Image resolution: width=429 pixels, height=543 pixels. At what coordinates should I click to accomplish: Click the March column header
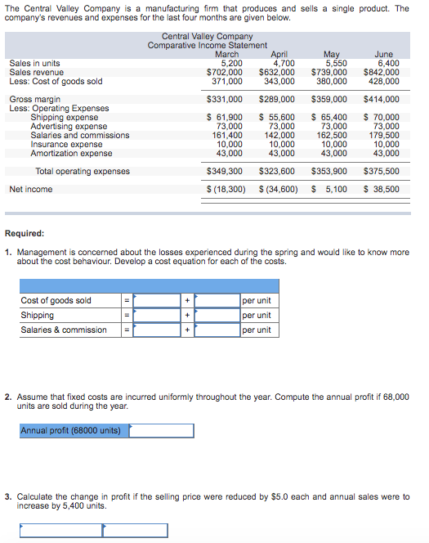point(226,54)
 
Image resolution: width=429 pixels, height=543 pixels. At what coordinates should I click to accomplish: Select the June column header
point(383,54)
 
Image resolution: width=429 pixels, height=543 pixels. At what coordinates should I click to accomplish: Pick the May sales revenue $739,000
point(329,72)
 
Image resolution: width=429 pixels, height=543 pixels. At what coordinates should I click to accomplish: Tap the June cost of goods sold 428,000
point(383,81)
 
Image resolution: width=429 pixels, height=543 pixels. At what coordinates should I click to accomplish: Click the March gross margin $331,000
point(225,99)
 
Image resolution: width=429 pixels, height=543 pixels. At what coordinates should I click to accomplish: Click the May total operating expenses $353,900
point(329,171)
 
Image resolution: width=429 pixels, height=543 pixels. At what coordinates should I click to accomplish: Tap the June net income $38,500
point(382,189)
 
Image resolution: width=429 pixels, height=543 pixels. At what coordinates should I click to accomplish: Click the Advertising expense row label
point(69,126)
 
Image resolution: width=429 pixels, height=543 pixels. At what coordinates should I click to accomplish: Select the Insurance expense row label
point(66,144)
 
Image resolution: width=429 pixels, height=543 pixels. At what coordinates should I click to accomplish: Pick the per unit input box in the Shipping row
point(217,315)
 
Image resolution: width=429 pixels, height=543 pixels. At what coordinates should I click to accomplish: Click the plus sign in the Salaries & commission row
point(187,330)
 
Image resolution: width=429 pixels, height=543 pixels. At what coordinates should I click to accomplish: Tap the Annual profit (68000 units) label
point(70,430)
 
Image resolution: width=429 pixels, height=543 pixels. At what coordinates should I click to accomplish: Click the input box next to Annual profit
point(162,430)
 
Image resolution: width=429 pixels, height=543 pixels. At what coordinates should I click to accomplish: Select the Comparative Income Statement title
point(208,45)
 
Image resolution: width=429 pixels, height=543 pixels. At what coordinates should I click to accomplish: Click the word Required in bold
point(25,233)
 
